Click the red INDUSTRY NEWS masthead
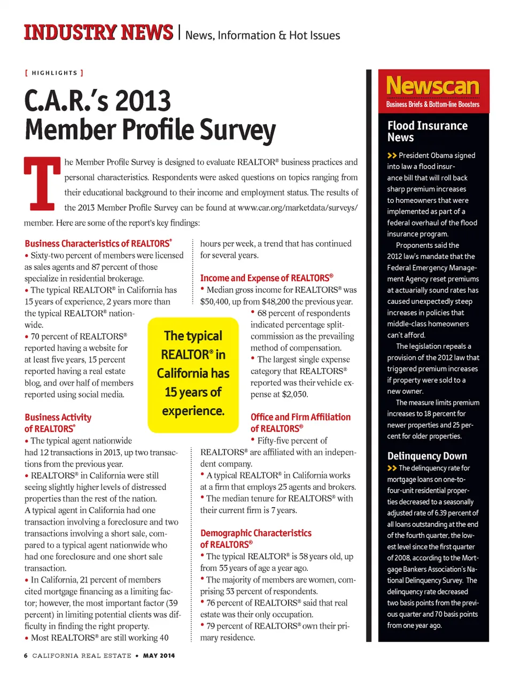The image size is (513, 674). [98, 33]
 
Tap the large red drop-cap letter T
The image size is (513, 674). [42, 183]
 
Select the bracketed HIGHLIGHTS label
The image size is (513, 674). [54, 73]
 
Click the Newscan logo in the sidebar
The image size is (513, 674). [433, 86]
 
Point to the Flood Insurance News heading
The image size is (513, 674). [427, 132]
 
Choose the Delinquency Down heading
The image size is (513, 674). [427, 456]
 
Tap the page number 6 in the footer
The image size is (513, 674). [26, 655]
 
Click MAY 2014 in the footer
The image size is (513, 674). [159, 655]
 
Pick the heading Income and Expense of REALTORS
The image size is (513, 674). [266, 278]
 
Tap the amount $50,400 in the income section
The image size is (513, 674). [216, 302]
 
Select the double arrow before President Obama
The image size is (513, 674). [392, 156]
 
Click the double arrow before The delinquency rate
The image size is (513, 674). [392, 468]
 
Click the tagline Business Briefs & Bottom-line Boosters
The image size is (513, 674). [433, 104]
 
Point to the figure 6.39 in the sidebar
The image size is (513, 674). [442, 513]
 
